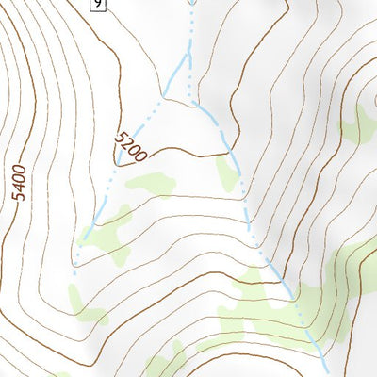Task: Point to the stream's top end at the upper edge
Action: tap(192, 3)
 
